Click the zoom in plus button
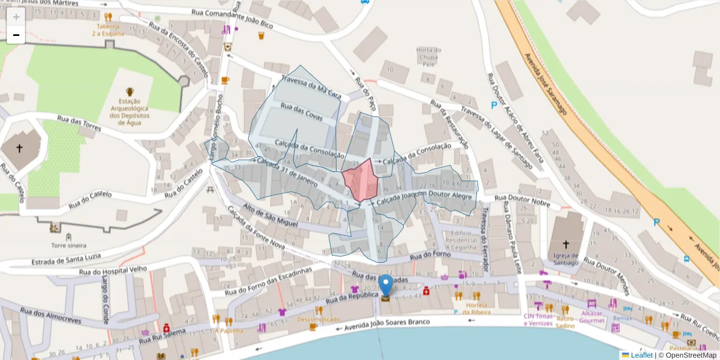click(x=16, y=17)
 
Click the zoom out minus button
click(x=16, y=35)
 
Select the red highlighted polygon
click(x=361, y=179)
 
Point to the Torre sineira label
click(x=68, y=245)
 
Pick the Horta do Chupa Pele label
click(x=428, y=56)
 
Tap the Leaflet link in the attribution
click(x=641, y=355)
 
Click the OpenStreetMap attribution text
click(x=687, y=355)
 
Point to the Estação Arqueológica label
click(x=130, y=108)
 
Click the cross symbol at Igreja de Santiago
click(x=566, y=245)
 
